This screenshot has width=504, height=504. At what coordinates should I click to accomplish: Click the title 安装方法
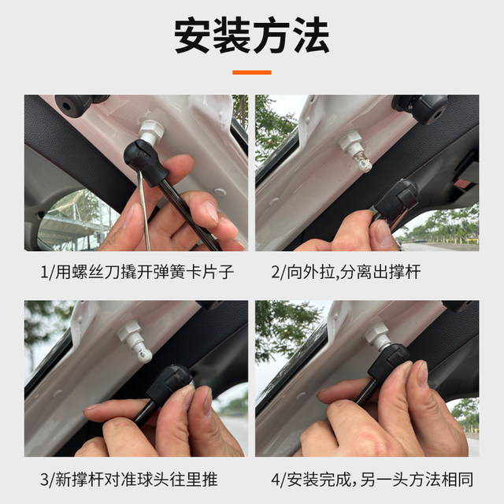pyautogui.click(x=251, y=35)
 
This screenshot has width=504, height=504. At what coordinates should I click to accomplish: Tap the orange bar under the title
pyautogui.click(x=251, y=72)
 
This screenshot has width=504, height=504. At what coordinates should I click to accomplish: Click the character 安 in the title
pyautogui.click(x=193, y=35)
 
